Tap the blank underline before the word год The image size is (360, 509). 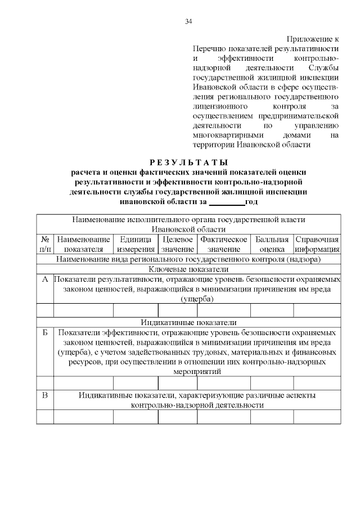pyautogui.click(x=227, y=201)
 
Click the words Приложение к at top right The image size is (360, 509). pyautogui.click(x=313, y=39)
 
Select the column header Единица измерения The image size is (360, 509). pyautogui.click(x=135, y=244)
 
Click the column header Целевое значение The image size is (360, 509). pyautogui.click(x=177, y=244)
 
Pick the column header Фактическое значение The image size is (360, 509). pyautogui.click(x=223, y=244)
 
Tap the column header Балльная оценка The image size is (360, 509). pyautogui.click(x=272, y=244)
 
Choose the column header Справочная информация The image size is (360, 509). pyautogui.click(x=317, y=244)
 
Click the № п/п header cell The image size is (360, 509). pyautogui.click(x=45, y=244)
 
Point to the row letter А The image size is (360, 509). pyautogui.click(x=45, y=280)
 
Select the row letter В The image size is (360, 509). pyautogui.click(x=45, y=395)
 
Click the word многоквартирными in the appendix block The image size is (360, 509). pyautogui.click(x=221, y=135)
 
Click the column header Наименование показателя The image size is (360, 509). pyautogui.click(x=83, y=244)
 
